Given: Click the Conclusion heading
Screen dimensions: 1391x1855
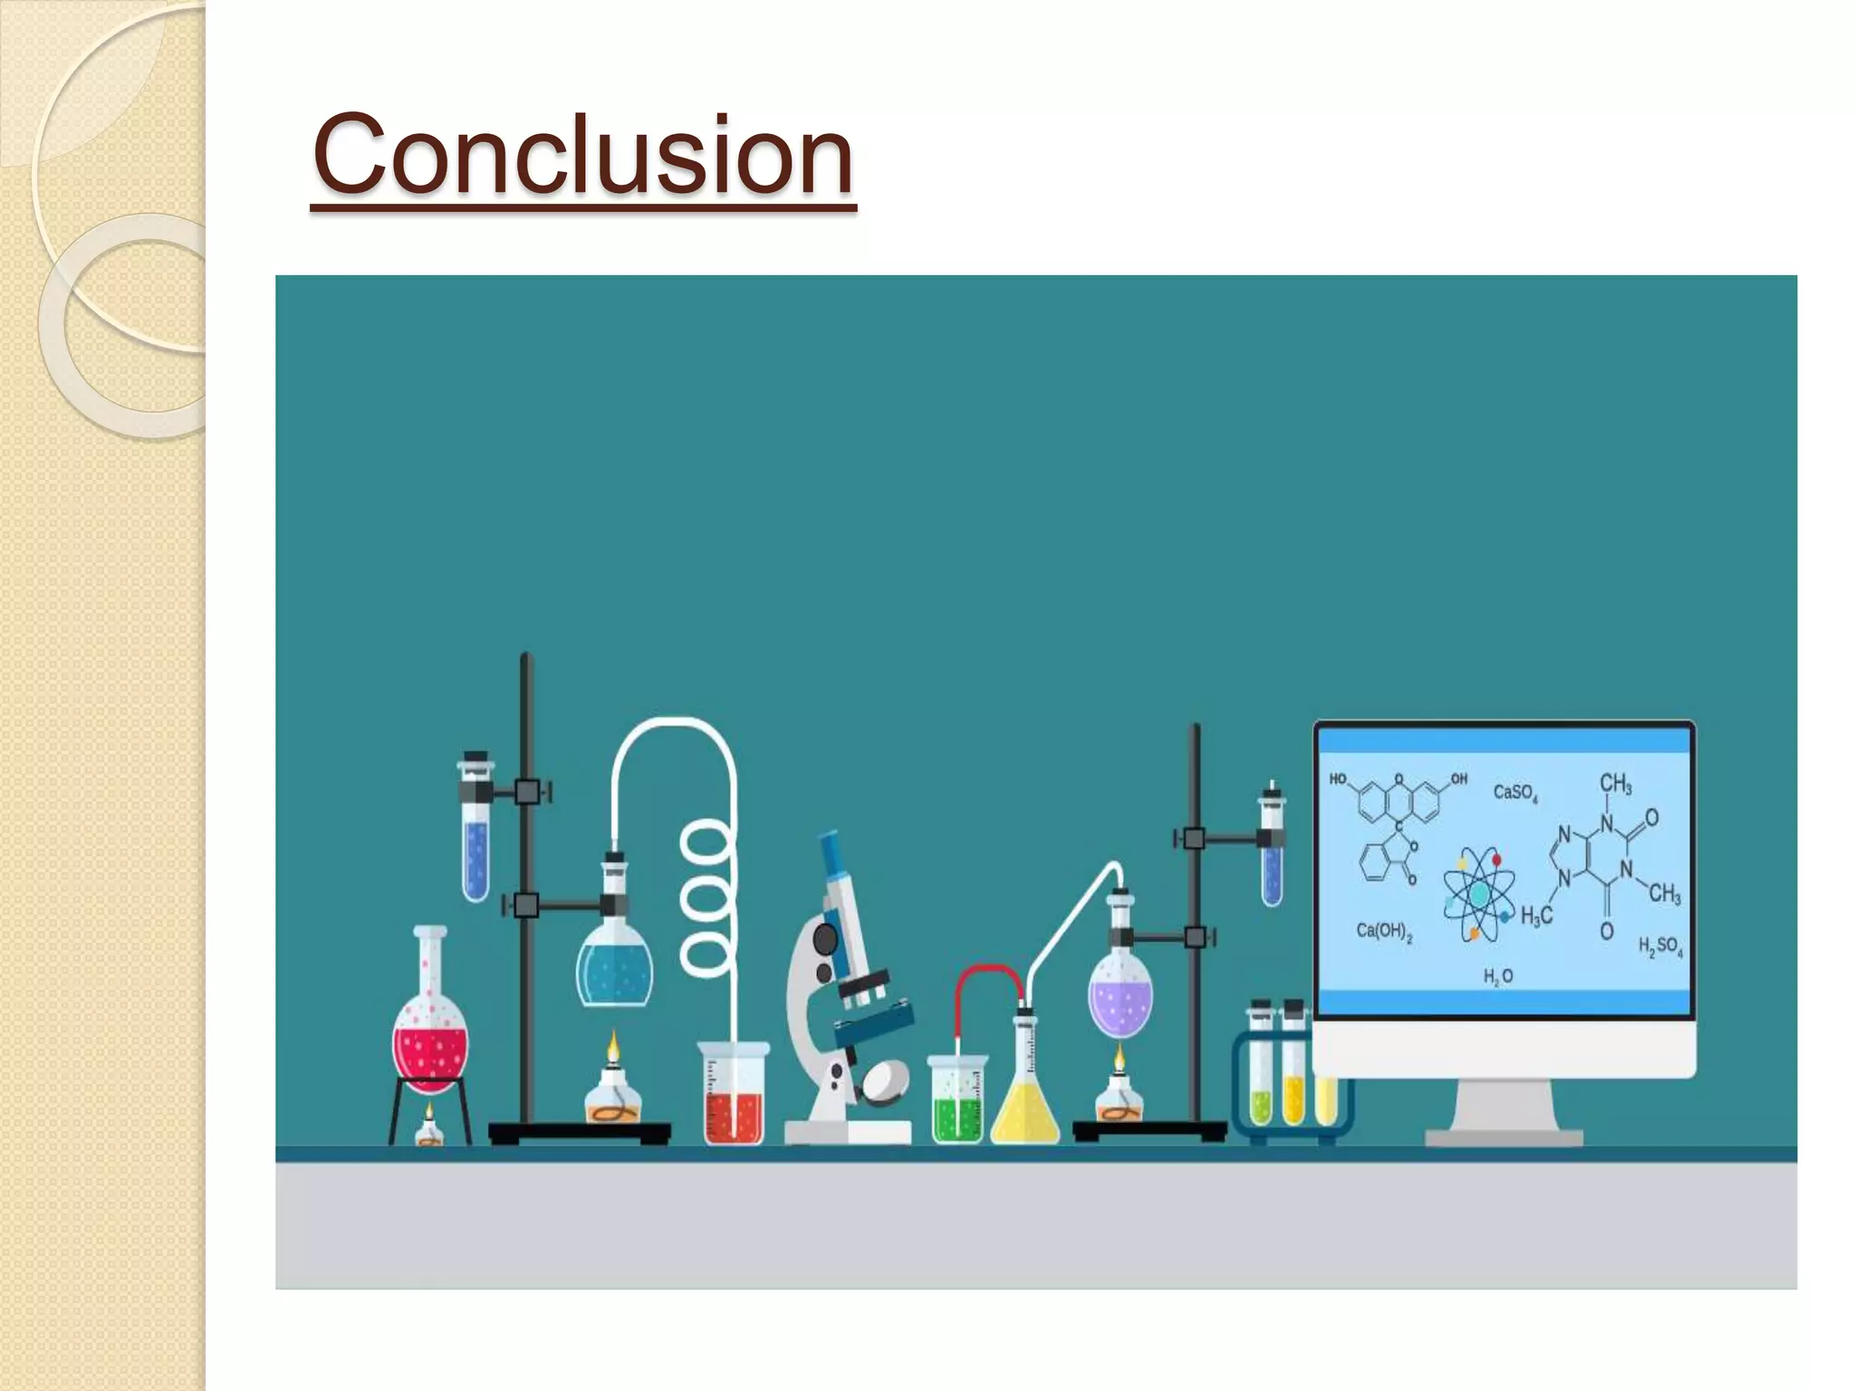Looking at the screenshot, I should [582, 154].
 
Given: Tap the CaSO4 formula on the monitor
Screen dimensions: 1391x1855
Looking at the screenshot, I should [1514, 793].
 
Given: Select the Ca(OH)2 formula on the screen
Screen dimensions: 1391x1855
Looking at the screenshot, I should [1384, 932].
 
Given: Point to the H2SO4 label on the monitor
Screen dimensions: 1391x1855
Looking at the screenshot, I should [1660, 947].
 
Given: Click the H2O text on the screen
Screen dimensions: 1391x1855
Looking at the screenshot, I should [1497, 977].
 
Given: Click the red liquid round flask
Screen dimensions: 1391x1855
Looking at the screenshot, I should [430, 1041].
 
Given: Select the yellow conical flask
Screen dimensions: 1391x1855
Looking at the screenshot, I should [1025, 1109].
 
